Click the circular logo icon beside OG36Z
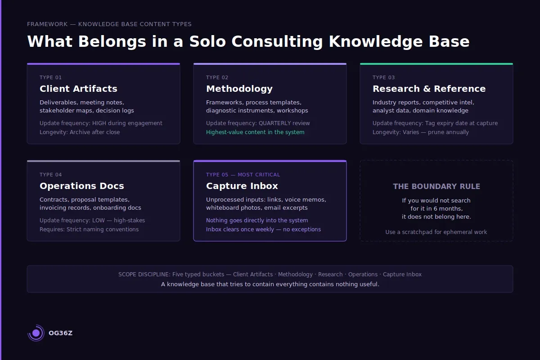(36, 333)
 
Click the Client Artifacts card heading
(78, 89)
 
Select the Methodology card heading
(239, 89)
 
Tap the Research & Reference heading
(429, 89)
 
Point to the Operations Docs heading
(81, 186)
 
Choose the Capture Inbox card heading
(242, 186)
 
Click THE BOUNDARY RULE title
(436, 186)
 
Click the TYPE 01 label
(51, 77)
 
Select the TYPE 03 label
(384, 77)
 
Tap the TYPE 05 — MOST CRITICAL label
(243, 175)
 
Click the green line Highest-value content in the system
(255, 132)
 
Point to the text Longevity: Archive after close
(80, 132)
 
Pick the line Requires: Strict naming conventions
(89, 229)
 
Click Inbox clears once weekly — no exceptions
(263, 229)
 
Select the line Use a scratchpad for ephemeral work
(436, 232)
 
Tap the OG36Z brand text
(60, 333)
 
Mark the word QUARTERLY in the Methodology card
(274, 123)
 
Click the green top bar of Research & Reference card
(436, 64)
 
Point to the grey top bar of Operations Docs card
(103, 161)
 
